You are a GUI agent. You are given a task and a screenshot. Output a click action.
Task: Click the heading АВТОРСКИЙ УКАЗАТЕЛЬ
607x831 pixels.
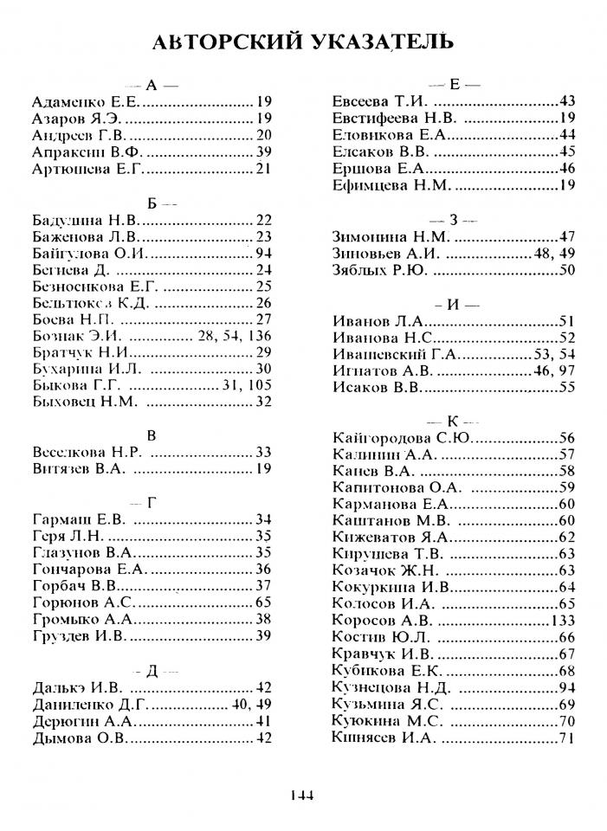[302, 41]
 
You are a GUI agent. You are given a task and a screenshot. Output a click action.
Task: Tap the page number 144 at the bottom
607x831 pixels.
[302, 796]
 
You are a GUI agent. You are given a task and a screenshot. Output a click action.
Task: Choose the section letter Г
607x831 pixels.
[152, 501]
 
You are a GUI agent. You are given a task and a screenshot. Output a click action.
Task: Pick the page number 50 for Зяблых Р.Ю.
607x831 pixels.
[567, 270]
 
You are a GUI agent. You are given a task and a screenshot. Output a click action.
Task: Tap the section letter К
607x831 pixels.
[454, 421]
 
